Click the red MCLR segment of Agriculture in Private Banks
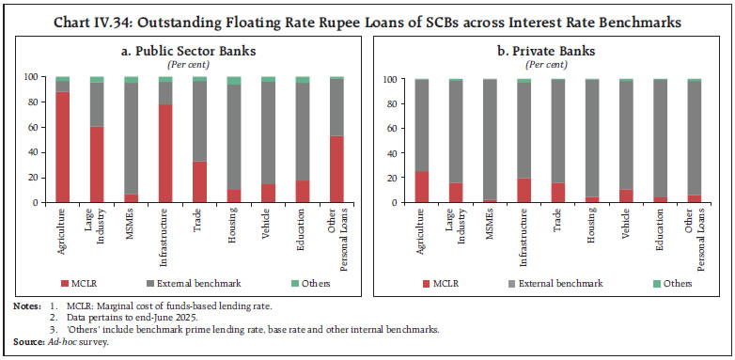(x=422, y=186)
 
